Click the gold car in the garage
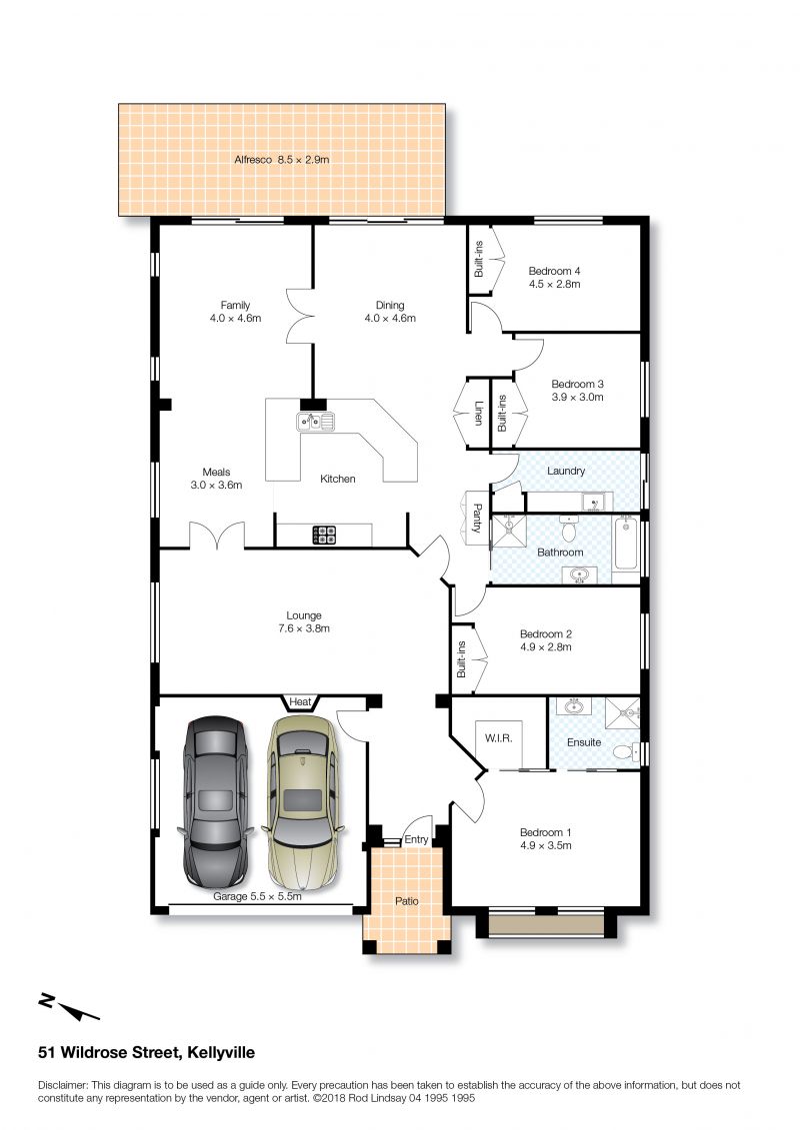pyautogui.click(x=302, y=802)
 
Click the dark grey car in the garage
pyautogui.click(x=215, y=800)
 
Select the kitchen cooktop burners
pyautogui.click(x=324, y=535)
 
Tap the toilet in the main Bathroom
pyautogui.click(x=569, y=529)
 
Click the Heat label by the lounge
pyautogui.click(x=300, y=702)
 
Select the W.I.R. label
pyautogui.click(x=498, y=738)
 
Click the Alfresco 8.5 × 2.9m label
pyautogui.click(x=282, y=159)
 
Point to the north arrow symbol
pyautogui.click(x=69, y=1007)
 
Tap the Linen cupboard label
pyautogui.click(x=478, y=413)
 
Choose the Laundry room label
pyautogui.click(x=566, y=471)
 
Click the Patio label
pyautogui.click(x=407, y=901)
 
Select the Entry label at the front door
pyautogui.click(x=416, y=839)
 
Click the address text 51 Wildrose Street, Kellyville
pyautogui.click(x=146, y=1052)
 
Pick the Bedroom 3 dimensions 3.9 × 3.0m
pyautogui.click(x=578, y=397)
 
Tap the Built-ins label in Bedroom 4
pyautogui.click(x=479, y=259)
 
